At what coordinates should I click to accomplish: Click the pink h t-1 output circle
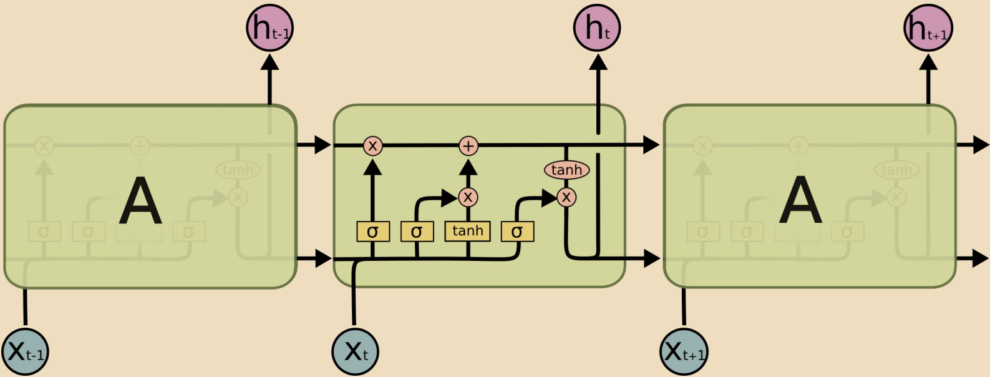click(269, 28)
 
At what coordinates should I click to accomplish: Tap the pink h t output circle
click(597, 28)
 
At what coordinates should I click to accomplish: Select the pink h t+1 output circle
click(928, 28)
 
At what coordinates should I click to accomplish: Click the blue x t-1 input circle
click(25, 351)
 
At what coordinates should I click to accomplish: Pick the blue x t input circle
click(355, 351)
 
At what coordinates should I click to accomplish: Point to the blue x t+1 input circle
click(684, 351)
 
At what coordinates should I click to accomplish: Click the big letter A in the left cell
click(140, 200)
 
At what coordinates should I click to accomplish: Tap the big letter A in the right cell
click(800, 200)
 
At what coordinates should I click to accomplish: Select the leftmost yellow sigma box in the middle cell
click(373, 232)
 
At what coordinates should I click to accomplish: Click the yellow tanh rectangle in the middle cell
click(468, 231)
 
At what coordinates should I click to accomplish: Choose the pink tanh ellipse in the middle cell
click(566, 170)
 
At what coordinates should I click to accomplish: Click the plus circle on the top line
click(468, 146)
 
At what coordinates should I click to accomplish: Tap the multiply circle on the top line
click(372, 146)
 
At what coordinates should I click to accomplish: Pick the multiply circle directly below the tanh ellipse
click(566, 198)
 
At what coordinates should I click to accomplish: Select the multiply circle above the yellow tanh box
click(468, 198)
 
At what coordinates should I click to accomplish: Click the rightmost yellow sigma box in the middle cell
click(517, 232)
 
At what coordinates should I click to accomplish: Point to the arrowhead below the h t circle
click(598, 62)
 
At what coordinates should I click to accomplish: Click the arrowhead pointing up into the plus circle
click(468, 167)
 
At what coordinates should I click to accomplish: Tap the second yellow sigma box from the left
click(417, 232)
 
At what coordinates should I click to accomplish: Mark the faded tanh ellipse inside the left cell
click(238, 170)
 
